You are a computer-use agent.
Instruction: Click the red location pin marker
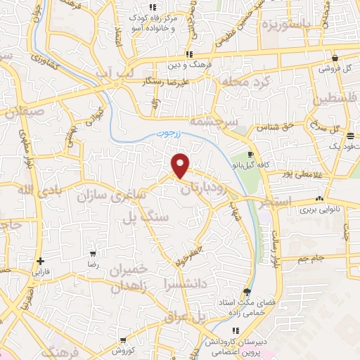tap(181, 165)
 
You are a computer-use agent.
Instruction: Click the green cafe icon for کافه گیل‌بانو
tap(251, 155)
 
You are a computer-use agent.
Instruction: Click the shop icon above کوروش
tap(123, 340)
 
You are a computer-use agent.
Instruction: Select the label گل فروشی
tap(335, 68)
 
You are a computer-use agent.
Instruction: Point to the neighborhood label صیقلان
tap(27, 110)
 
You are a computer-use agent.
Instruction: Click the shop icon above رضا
tap(92, 254)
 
